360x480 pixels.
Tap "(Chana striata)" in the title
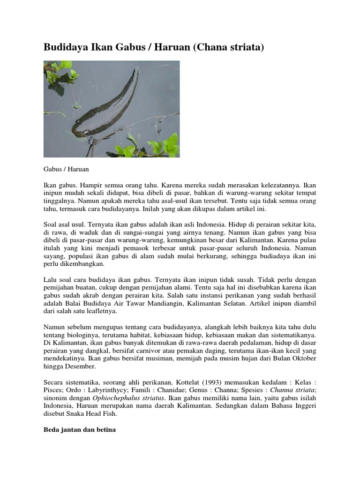tap(227, 47)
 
